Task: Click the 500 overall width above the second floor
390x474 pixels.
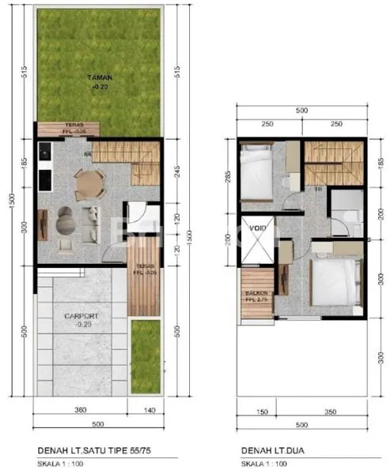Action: point(301,111)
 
